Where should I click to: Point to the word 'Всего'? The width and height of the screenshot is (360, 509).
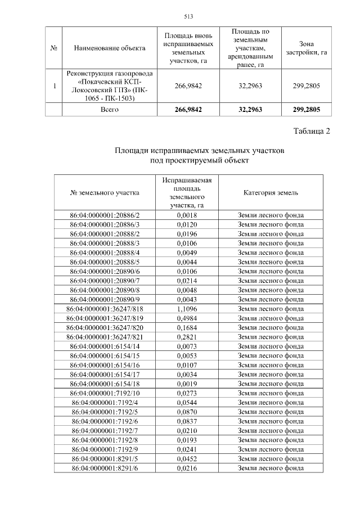point(110,110)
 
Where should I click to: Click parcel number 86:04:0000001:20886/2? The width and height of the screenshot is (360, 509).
point(105,215)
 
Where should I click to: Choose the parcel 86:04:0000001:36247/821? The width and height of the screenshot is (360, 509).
point(105,336)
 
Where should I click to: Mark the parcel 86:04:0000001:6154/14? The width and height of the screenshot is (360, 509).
point(105,346)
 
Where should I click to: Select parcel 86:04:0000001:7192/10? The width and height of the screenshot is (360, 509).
point(105,393)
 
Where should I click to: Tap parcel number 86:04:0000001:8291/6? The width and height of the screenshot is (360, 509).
point(105,468)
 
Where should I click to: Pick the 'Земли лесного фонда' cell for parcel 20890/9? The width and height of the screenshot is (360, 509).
point(271,299)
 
